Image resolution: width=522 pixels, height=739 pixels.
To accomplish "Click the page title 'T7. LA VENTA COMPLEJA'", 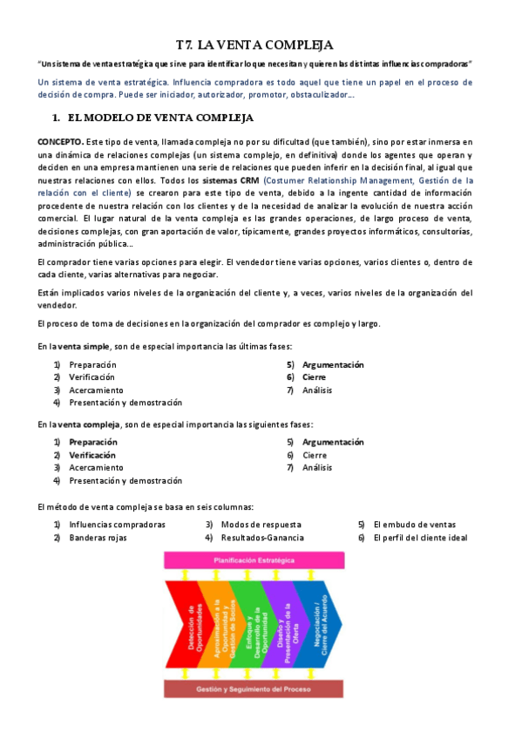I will coord(254,44).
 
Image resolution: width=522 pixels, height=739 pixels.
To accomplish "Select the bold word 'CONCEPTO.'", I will coord(60,140).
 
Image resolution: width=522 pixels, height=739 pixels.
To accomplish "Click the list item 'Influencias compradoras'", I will coord(117,525).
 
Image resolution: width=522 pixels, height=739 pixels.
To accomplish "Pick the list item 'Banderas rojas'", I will coord(98,538).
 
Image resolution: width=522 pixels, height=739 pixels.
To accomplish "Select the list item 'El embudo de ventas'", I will coord(414,525).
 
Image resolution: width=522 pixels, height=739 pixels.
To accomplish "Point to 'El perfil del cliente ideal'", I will coord(420,538).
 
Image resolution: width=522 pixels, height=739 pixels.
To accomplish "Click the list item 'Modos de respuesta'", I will coord(261,525).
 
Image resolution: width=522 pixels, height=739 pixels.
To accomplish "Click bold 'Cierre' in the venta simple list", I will coord(315,377).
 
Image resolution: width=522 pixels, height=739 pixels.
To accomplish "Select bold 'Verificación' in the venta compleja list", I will coord(92,455).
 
